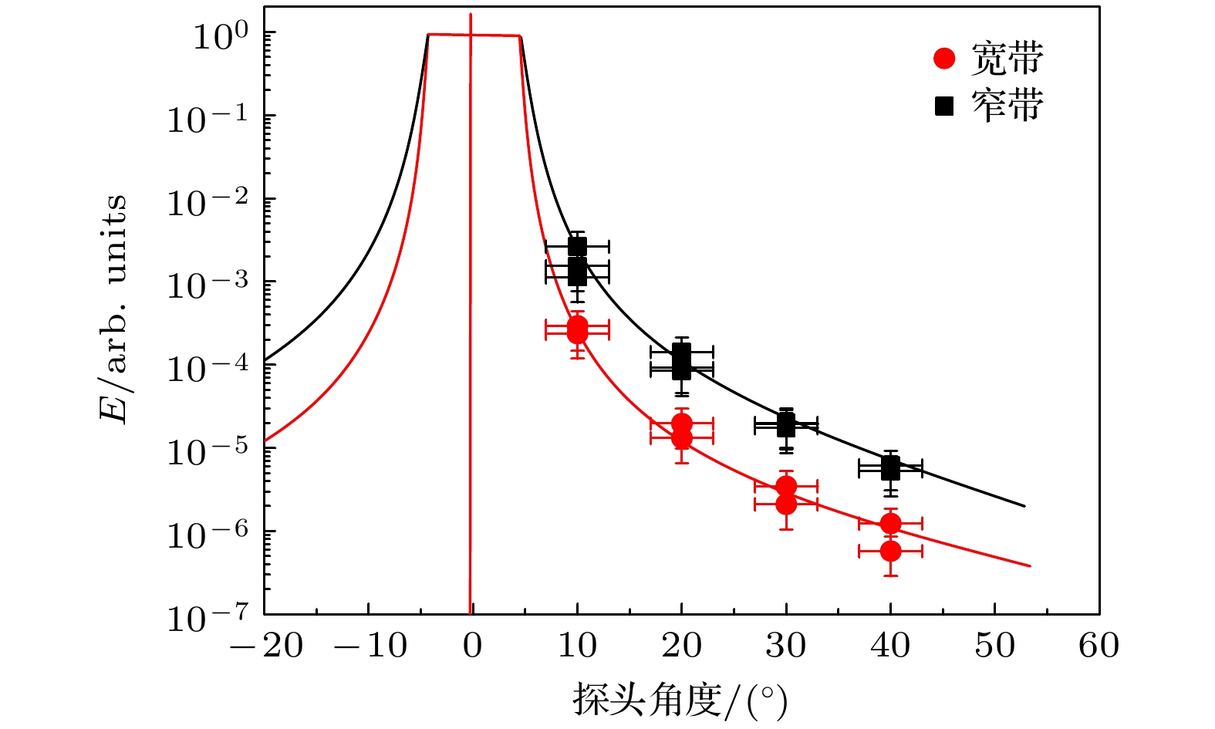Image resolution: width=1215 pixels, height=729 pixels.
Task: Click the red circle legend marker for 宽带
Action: point(944,59)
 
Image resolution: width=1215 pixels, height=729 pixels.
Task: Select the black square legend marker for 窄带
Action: point(944,106)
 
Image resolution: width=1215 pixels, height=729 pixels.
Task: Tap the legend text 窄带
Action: point(1007,106)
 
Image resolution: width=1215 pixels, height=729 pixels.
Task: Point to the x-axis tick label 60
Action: point(1099,646)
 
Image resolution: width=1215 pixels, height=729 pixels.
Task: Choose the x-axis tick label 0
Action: point(472,646)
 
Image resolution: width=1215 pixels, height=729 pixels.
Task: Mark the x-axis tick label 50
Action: point(994,646)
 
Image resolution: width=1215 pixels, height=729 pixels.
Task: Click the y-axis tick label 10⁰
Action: point(220,36)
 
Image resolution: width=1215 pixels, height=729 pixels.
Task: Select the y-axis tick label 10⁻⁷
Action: point(208,618)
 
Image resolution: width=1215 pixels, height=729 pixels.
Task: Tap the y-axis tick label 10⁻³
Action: point(208,285)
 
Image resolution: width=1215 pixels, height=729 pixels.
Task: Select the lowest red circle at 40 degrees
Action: point(890,551)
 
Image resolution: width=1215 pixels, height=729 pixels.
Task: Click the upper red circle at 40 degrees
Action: point(890,524)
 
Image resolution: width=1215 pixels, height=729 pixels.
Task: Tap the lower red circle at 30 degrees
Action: point(786,505)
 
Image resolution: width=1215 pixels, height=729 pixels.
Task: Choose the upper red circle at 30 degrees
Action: point(786,486)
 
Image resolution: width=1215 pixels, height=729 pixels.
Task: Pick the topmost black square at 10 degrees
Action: point(577,247)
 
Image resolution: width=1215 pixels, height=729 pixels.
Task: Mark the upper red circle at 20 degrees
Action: point(681,424)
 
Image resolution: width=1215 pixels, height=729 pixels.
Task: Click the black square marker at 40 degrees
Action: point(890,467)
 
